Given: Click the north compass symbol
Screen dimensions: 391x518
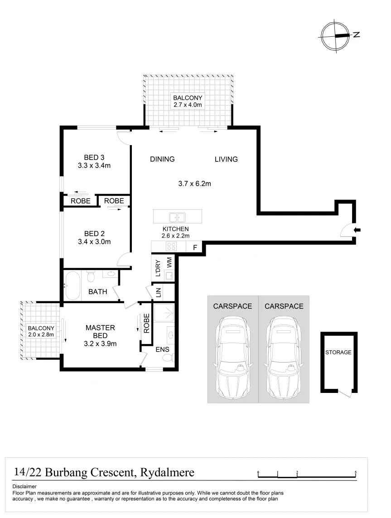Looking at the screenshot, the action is coord(336,35).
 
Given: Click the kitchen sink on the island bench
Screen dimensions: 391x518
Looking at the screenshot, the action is coord(177,218).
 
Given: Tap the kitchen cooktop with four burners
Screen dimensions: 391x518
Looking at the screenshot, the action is coord(171,247).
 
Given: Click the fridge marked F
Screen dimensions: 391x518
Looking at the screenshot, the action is coord(195,247).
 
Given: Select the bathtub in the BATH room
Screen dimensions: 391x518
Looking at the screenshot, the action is coord(73,286).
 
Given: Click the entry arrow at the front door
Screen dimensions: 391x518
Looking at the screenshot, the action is coord(357,230).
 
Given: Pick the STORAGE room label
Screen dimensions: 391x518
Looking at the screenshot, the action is coord(338,352).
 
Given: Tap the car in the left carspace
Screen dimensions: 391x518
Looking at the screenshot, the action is coord(232,356).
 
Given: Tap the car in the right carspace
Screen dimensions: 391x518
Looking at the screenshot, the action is coord(284,356).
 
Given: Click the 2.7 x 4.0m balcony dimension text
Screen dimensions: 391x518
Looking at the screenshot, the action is coord(188,105).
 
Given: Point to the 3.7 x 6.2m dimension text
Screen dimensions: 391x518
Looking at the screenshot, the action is coord(194,184).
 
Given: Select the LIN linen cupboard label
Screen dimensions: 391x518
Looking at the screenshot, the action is coord(158,292).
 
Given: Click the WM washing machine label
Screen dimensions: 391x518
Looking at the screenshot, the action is coord(169,263).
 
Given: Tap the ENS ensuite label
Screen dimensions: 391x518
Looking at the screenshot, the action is coord(162,349).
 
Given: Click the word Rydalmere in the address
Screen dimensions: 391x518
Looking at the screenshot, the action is coord(167,472).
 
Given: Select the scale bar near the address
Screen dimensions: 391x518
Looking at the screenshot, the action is coord(307,474).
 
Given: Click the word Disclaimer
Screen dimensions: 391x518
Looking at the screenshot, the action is coord(24,486).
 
